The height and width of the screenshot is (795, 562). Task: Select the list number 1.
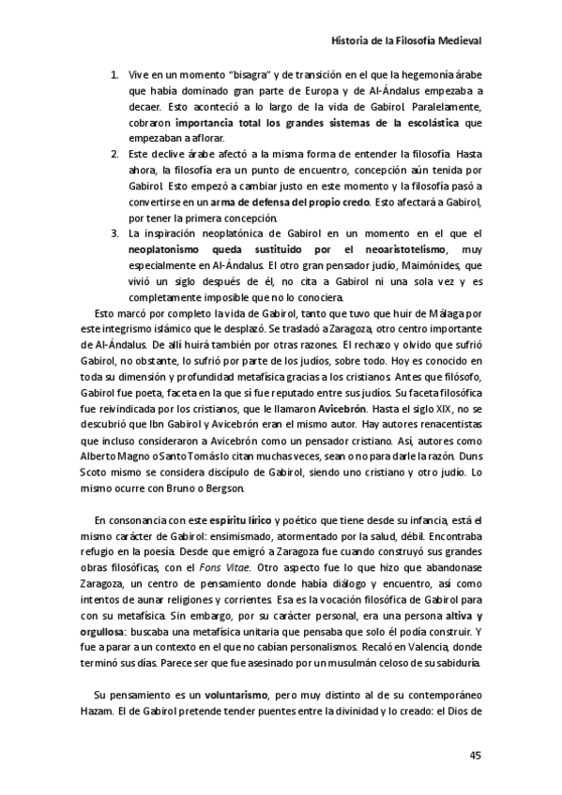tap(114, 74)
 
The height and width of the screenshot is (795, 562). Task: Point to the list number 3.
tap(114, 232)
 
